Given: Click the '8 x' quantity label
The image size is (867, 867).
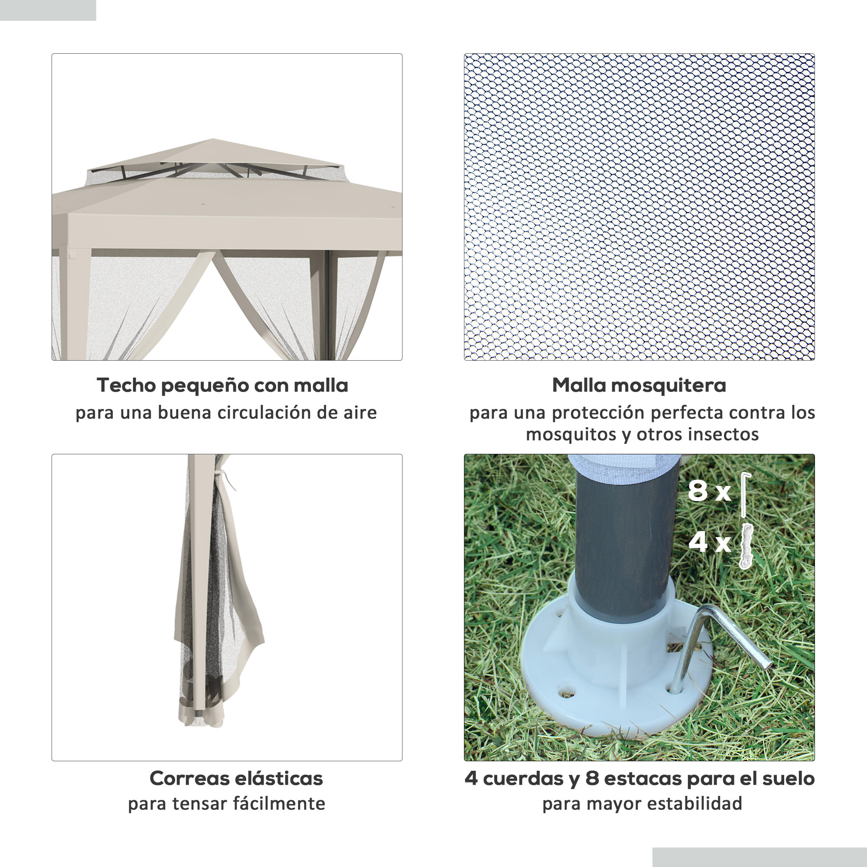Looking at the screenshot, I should pyautogui.click(x=710, y=490).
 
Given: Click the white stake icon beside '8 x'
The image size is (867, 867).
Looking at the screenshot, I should pyautogui.click(x=745, y=494).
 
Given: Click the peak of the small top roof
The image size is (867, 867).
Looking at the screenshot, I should pyautogui.click(x=213, y=140).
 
